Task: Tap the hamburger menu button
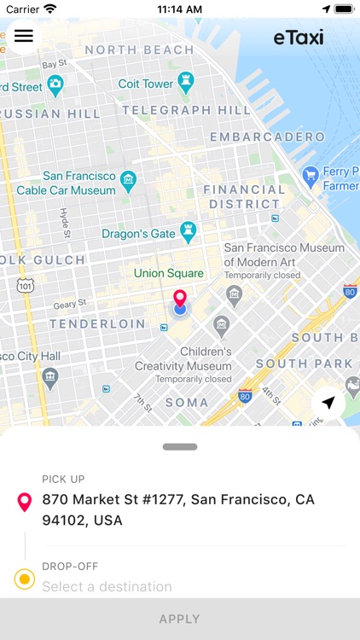point(24,36)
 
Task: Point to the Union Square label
point(169,273)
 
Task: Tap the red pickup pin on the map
point(180,299)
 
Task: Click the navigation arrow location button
point(328,403)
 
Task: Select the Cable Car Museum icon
point(128,180)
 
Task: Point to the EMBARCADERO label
point(267,137)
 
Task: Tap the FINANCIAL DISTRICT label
point(244,196)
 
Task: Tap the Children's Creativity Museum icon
point(222,325)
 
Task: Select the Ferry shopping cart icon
point(310,177)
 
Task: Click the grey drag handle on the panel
point(180,446)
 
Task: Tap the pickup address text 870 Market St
point(178,509)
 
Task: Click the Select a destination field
point(107,586)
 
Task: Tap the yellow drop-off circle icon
point(25,580)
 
